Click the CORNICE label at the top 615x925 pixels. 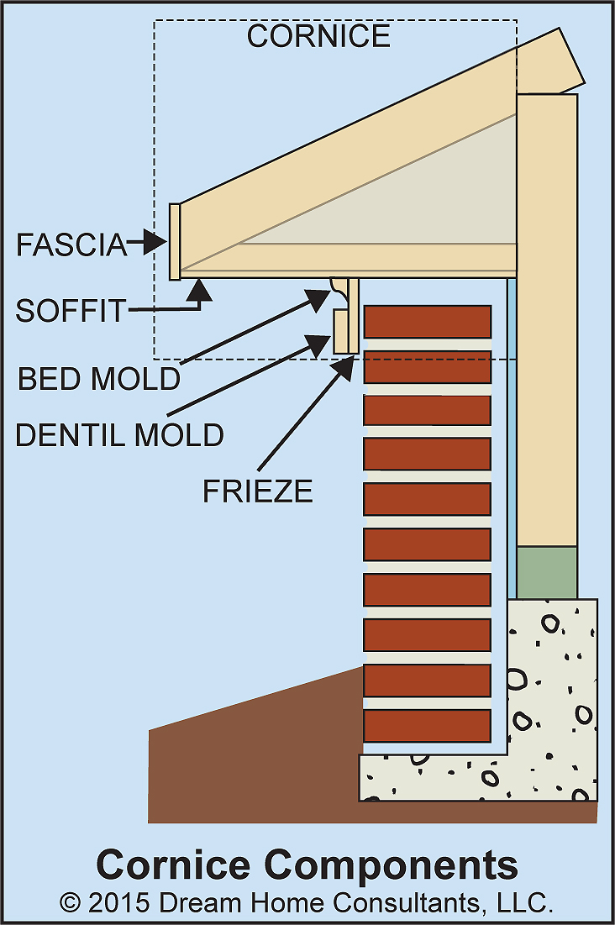coord(318,36)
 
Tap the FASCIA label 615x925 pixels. coord(71,244)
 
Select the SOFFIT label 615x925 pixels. coord(70,311)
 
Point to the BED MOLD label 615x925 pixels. coord(99,379)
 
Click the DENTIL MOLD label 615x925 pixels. coord(120,434)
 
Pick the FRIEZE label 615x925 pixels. coord(258,491)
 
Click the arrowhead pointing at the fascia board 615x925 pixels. coord(155,243)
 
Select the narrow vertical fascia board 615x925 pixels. coord(174,241)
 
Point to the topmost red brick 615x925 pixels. coord(427,321)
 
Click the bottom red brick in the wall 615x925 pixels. coord(427,725)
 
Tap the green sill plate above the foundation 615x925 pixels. coord(546,572)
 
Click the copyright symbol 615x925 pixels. coord(71,903)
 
